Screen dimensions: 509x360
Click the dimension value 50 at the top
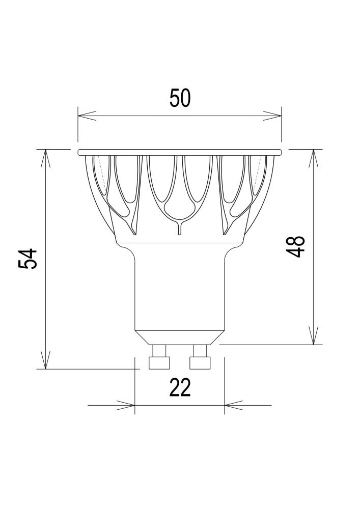tap(180, 98)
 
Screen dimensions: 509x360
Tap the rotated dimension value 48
tap(296, 246)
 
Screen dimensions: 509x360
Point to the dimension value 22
tap(180, 388)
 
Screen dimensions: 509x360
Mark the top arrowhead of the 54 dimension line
tap(46, 158)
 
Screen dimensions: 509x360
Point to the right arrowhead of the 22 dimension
tap(232, 405)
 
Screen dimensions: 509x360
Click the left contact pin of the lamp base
tap(158, 357)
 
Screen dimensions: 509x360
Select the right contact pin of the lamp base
tap(199, 357)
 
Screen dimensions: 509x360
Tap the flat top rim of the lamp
tap(180, 152)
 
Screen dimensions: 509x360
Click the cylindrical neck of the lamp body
tap(180, 290)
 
